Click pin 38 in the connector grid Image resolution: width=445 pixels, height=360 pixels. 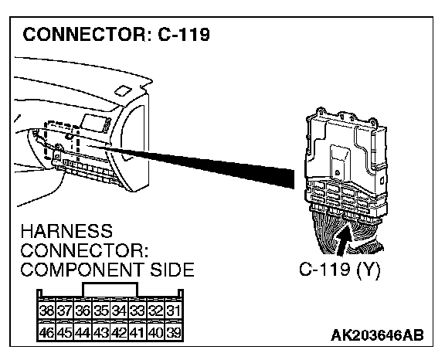47,311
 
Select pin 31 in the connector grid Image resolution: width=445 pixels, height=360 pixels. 173,311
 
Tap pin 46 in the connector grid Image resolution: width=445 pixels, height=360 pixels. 47,332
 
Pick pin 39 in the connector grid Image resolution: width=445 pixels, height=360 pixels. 173,332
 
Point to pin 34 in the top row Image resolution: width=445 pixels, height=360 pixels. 119,311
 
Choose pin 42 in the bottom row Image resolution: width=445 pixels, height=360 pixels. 119,332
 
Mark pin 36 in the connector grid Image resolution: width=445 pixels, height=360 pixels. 83,311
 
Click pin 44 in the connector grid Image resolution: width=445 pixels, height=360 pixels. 83,332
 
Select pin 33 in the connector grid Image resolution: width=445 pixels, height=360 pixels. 138,311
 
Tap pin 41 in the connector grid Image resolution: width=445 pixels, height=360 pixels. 138,332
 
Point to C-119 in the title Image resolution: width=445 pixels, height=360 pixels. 184,35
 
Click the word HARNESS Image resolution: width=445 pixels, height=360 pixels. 66,231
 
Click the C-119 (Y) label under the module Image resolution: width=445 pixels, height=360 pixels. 340,269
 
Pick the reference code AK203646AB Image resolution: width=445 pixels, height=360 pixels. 377,335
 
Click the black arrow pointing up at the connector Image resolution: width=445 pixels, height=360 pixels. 344,239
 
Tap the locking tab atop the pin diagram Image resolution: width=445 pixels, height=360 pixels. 110,290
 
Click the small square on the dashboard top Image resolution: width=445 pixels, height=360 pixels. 123,90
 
